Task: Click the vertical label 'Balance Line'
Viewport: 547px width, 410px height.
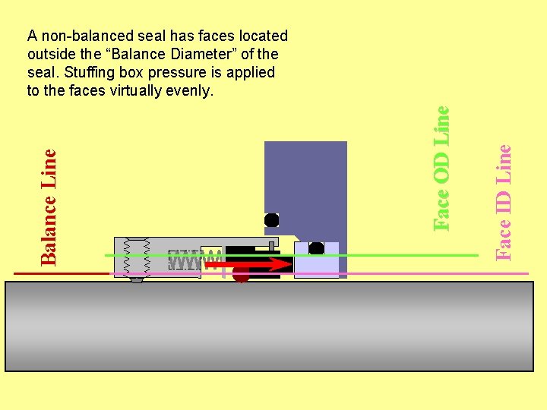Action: [49, 206]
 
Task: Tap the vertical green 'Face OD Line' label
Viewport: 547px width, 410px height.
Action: [441, 167]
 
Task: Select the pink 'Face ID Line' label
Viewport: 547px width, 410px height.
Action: [503, 202]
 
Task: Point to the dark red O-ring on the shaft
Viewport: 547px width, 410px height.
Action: [241, 276]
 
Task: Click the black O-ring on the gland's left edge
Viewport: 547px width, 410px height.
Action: [271, 220]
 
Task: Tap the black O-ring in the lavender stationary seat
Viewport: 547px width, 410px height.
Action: [317, 248]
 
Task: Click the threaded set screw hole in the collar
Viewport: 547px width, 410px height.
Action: [137, 258]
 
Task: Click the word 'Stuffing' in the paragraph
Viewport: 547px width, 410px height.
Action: [82, 73]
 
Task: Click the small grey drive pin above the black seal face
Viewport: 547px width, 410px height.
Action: [271, 244]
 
